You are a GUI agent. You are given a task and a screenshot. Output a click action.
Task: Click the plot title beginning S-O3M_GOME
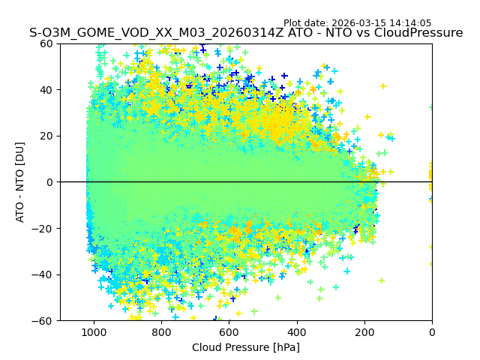(246, 33)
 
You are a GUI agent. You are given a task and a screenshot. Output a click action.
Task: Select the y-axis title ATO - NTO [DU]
(20, 182)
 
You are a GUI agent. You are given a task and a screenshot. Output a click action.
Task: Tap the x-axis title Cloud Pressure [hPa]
(246, 347)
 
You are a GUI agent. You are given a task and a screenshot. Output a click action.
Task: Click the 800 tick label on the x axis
(161, 331)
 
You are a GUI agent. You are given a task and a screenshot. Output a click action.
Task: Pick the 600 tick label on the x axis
(229, 331)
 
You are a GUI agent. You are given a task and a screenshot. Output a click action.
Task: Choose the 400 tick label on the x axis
(296, 331)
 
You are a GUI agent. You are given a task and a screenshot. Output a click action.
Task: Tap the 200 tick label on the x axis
(364, 331)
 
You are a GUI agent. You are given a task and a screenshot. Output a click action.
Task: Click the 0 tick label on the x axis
(432, 331)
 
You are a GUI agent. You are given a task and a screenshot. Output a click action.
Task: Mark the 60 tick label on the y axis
(46, 43)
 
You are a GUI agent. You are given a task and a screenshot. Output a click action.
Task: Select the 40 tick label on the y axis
(46, 90)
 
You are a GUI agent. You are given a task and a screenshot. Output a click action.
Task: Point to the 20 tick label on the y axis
(46, 136)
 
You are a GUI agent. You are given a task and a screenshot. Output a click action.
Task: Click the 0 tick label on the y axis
(49, 182)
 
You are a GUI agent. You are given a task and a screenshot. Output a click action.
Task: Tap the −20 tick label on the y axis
(43, 229)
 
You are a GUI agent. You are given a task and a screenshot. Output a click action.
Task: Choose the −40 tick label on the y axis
(43, 274)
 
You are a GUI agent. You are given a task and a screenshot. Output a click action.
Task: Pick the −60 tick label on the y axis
(43, 321)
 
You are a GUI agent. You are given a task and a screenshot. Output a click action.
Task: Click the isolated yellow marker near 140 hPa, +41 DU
(383, 86)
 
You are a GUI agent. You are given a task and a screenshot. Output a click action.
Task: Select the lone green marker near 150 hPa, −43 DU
(382, 280)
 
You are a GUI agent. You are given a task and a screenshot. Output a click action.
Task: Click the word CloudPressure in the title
(421, 33)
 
